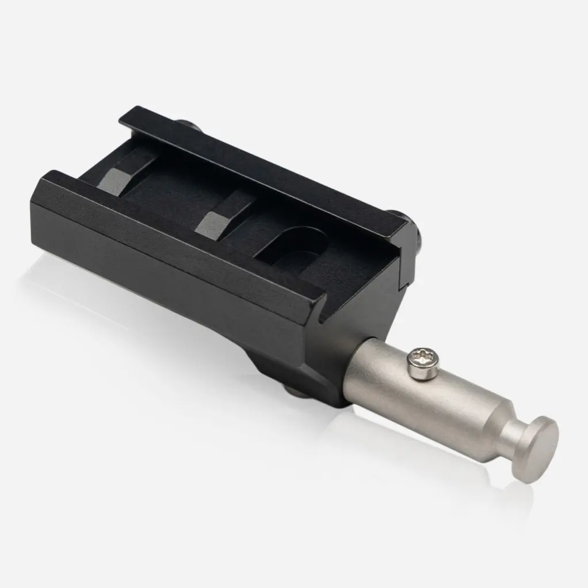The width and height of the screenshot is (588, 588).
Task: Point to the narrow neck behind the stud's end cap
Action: point(514,433)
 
